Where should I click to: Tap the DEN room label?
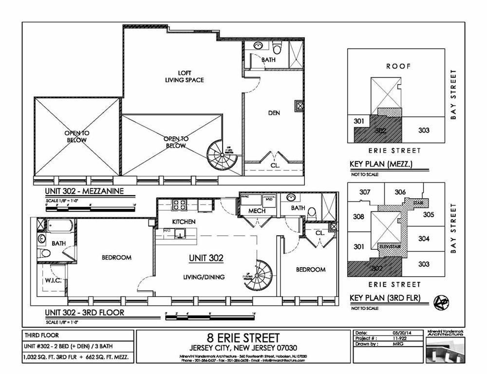point(274,112)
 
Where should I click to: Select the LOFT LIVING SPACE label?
point(184,76)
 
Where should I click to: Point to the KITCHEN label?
point(184,222)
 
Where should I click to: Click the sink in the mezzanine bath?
point(259,46)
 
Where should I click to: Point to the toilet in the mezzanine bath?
point(278,48)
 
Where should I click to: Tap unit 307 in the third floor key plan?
point(365,192)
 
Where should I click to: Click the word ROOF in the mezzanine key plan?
point(398,66)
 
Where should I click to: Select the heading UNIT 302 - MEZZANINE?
point(84,191)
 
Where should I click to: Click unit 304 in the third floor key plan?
point(424,239)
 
